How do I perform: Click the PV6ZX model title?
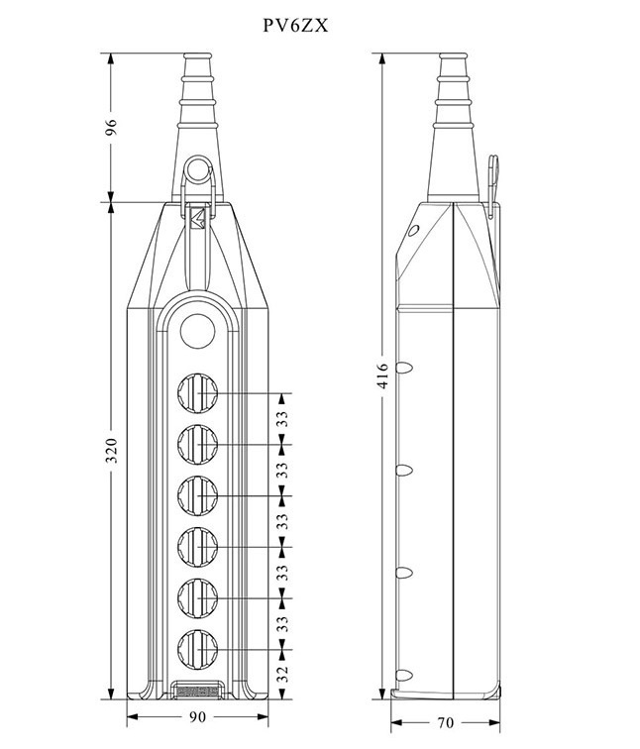click(295, 26)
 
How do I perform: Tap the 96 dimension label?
click(111, 127)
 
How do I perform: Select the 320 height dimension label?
click(111, 450)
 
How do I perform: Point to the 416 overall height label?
click(383, 375)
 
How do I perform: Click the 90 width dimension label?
click(198, 716)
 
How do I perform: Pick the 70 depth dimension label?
click(445, 722)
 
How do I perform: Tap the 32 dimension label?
click(283, 674)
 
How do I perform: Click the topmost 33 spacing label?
click(283, 419)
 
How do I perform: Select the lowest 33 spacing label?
click(283, 623)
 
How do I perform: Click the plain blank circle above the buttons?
click(198, 331)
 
